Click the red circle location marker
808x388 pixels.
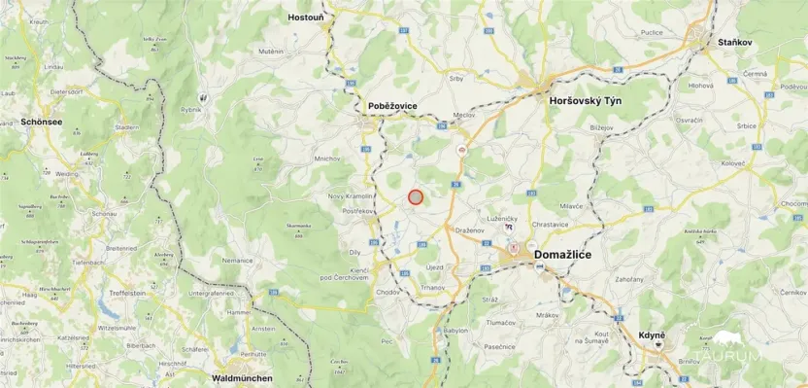point(416,196)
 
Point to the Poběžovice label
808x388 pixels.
point(392,105)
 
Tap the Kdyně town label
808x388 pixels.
point(652,335)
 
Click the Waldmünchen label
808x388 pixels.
point(242,377)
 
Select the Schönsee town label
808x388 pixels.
point(42,123)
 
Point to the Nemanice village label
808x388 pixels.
point(237,261)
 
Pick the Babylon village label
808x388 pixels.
point(455,331)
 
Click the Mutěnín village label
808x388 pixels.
point(271,51)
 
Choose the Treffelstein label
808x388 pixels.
point(127,292)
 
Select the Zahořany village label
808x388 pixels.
point(629,279)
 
